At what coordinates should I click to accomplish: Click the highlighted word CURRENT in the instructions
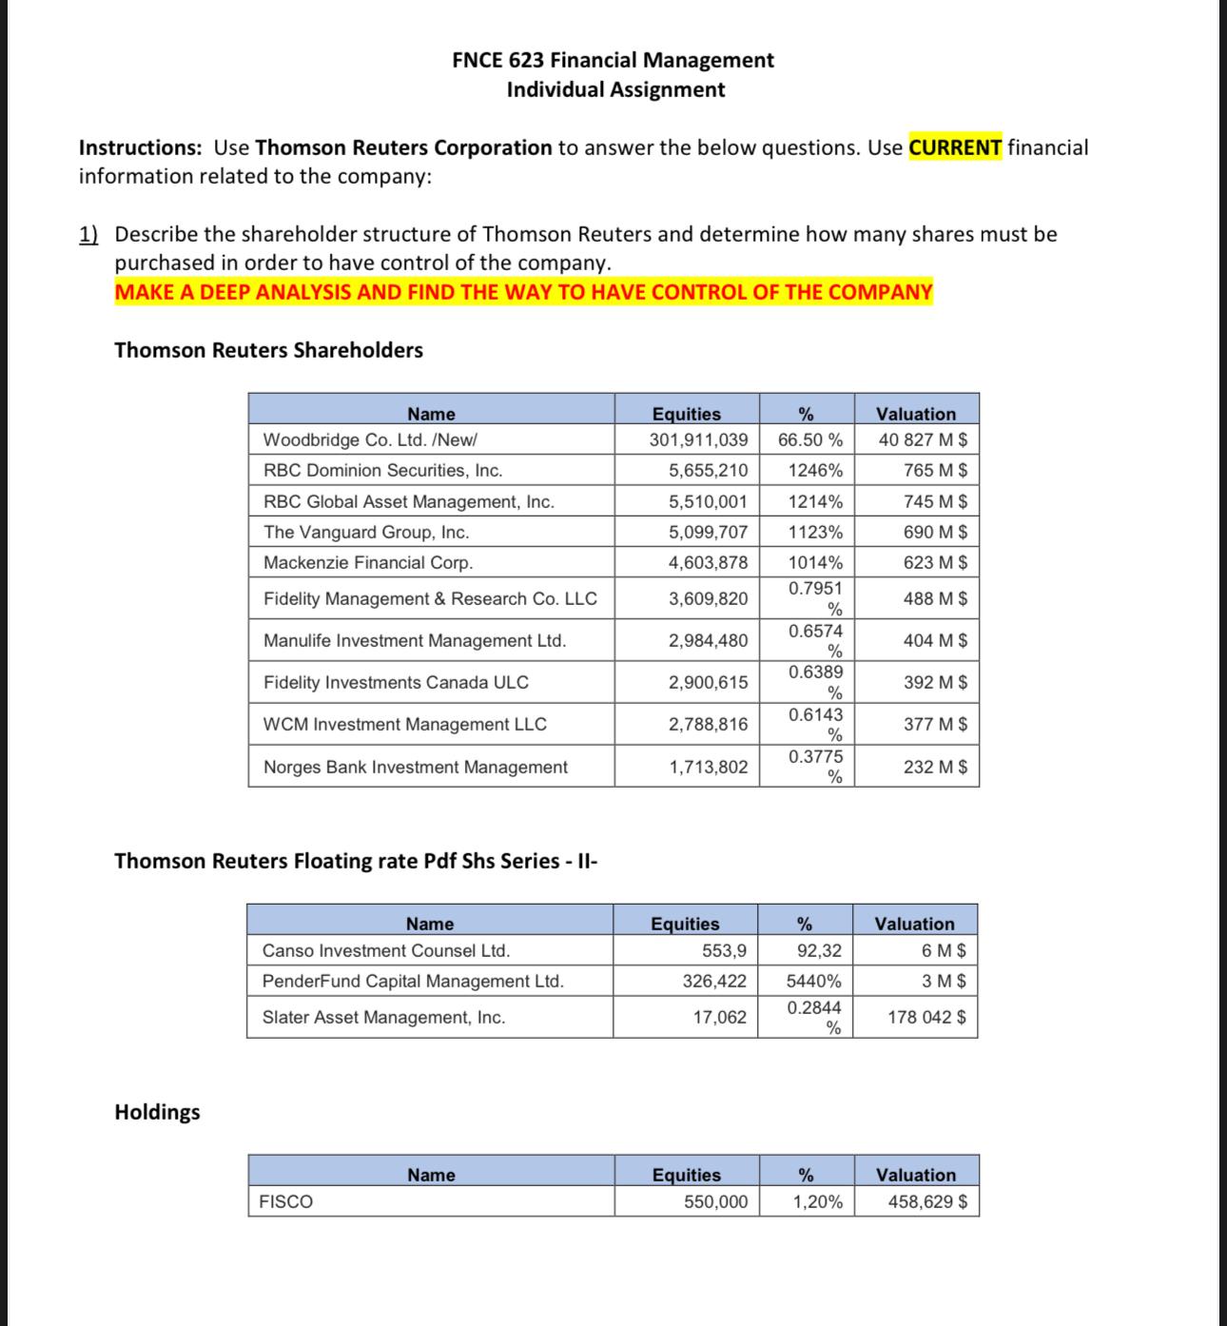tap(955, 147)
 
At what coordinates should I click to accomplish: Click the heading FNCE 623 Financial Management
tap(613, 60)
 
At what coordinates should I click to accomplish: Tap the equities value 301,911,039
tap(698, 439)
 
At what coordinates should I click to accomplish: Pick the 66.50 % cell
tap(809, 439)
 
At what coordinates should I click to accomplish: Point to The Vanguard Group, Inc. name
tap(366, 532)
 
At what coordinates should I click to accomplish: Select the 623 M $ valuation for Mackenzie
tap(935, 562)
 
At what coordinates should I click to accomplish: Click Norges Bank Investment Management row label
tap(415, 767)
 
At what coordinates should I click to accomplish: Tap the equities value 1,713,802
tap(708, 767)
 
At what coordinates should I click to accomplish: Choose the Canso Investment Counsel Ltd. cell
tap(386, 950)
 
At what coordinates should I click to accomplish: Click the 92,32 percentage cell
tap(819, 950)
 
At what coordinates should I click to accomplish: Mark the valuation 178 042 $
tap(926, 1017)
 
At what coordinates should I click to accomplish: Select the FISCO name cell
tap(286, 1201)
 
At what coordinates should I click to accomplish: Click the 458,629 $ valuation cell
tap(927, 1201)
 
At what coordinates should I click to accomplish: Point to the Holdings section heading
tap(157, 1112)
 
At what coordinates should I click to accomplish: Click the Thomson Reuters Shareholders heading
tap(268, 350)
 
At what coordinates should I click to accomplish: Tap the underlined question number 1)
tap(88, 234)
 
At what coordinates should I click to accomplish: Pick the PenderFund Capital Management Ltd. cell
tap(413, 981)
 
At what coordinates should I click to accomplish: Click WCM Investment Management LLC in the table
tap(404, 724)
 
